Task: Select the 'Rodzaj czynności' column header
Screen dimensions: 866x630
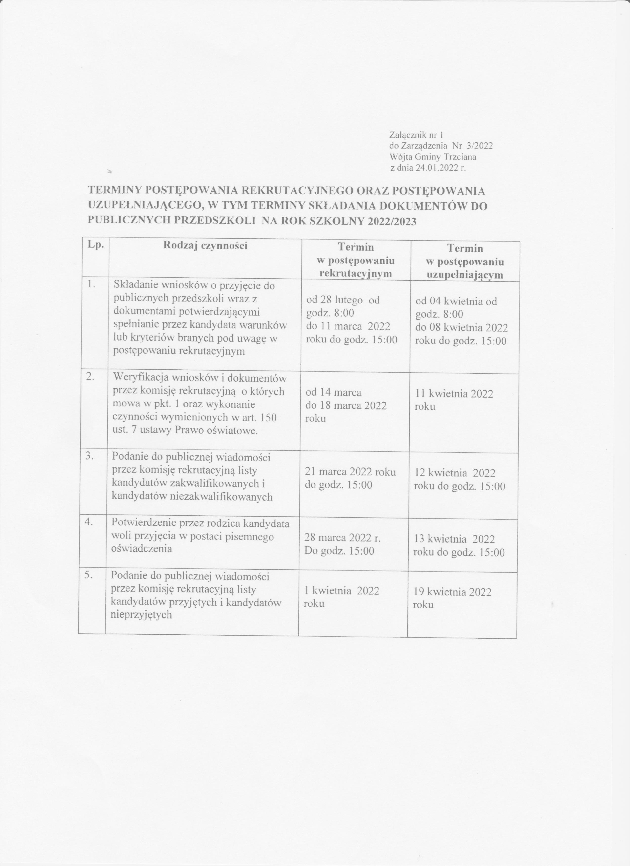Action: [x=205, y=245]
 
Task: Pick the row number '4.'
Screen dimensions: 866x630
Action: [x=90, y=523]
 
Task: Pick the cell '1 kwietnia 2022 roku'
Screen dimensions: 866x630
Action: [x=341, y=597]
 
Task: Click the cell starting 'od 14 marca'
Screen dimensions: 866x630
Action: [x=346, y=405]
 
